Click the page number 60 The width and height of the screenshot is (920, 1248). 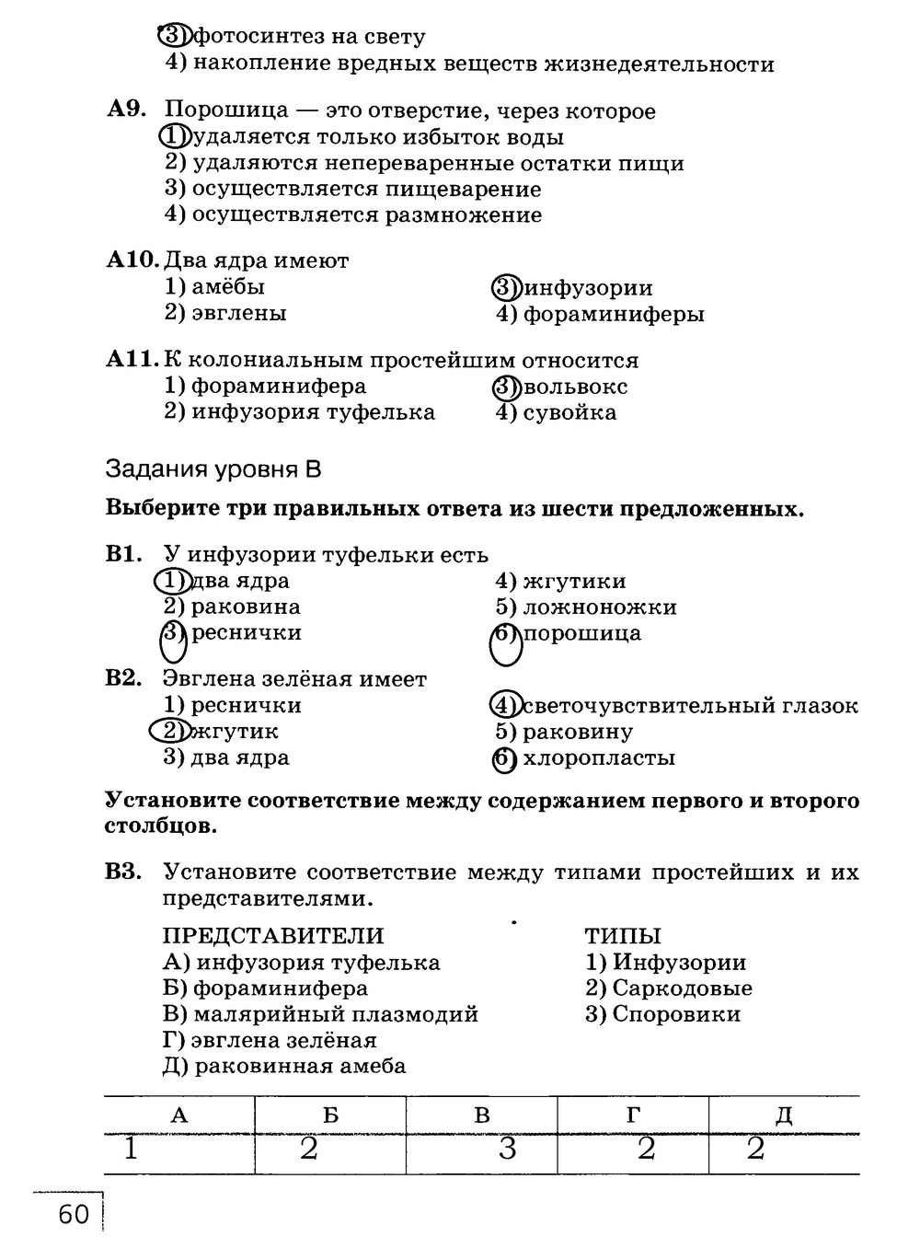(x=74, y=1215)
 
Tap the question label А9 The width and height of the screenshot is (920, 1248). (x=126, y=110)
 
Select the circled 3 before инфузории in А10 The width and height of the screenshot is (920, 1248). (x=507, y=288)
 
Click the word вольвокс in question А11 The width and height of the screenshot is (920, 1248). (x=575, y=387)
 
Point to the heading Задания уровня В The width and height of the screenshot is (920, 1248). (x=213, y=469)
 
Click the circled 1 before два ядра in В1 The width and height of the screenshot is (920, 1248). (x=171, y=581)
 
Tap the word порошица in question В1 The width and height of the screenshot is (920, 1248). (x=581, y=633)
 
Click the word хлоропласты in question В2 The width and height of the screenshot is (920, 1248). (x=599, y=758)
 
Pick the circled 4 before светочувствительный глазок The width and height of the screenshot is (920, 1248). (x=506, y=706)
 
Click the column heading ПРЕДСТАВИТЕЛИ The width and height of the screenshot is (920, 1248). (x=273, y=936)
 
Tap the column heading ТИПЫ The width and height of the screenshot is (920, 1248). (x=623, y=936)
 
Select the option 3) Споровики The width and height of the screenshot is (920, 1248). (x=662, y=1014)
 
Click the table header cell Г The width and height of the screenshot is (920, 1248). (x=633, y=1115)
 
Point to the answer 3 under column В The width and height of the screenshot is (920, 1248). (x=507, y=1150)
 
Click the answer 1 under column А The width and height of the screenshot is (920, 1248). (x=132, y=1149)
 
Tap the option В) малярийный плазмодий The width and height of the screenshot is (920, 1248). (x=320, y=1014)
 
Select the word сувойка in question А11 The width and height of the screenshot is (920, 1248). (x=569, y=412)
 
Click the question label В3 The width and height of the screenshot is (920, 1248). (x=124, y=871)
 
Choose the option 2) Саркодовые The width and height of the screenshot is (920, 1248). (x=669, y=988)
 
